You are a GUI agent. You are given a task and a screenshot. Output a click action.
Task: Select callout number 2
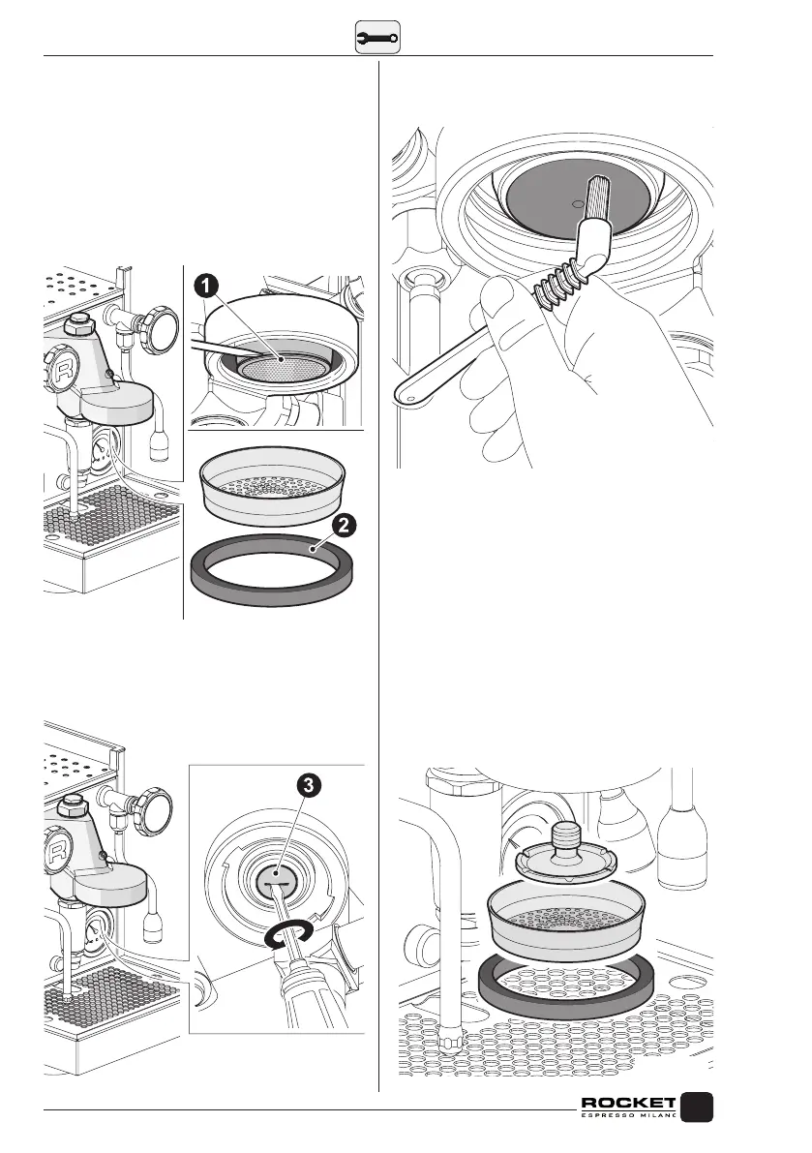pyautogui.click(x=346, y=529)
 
